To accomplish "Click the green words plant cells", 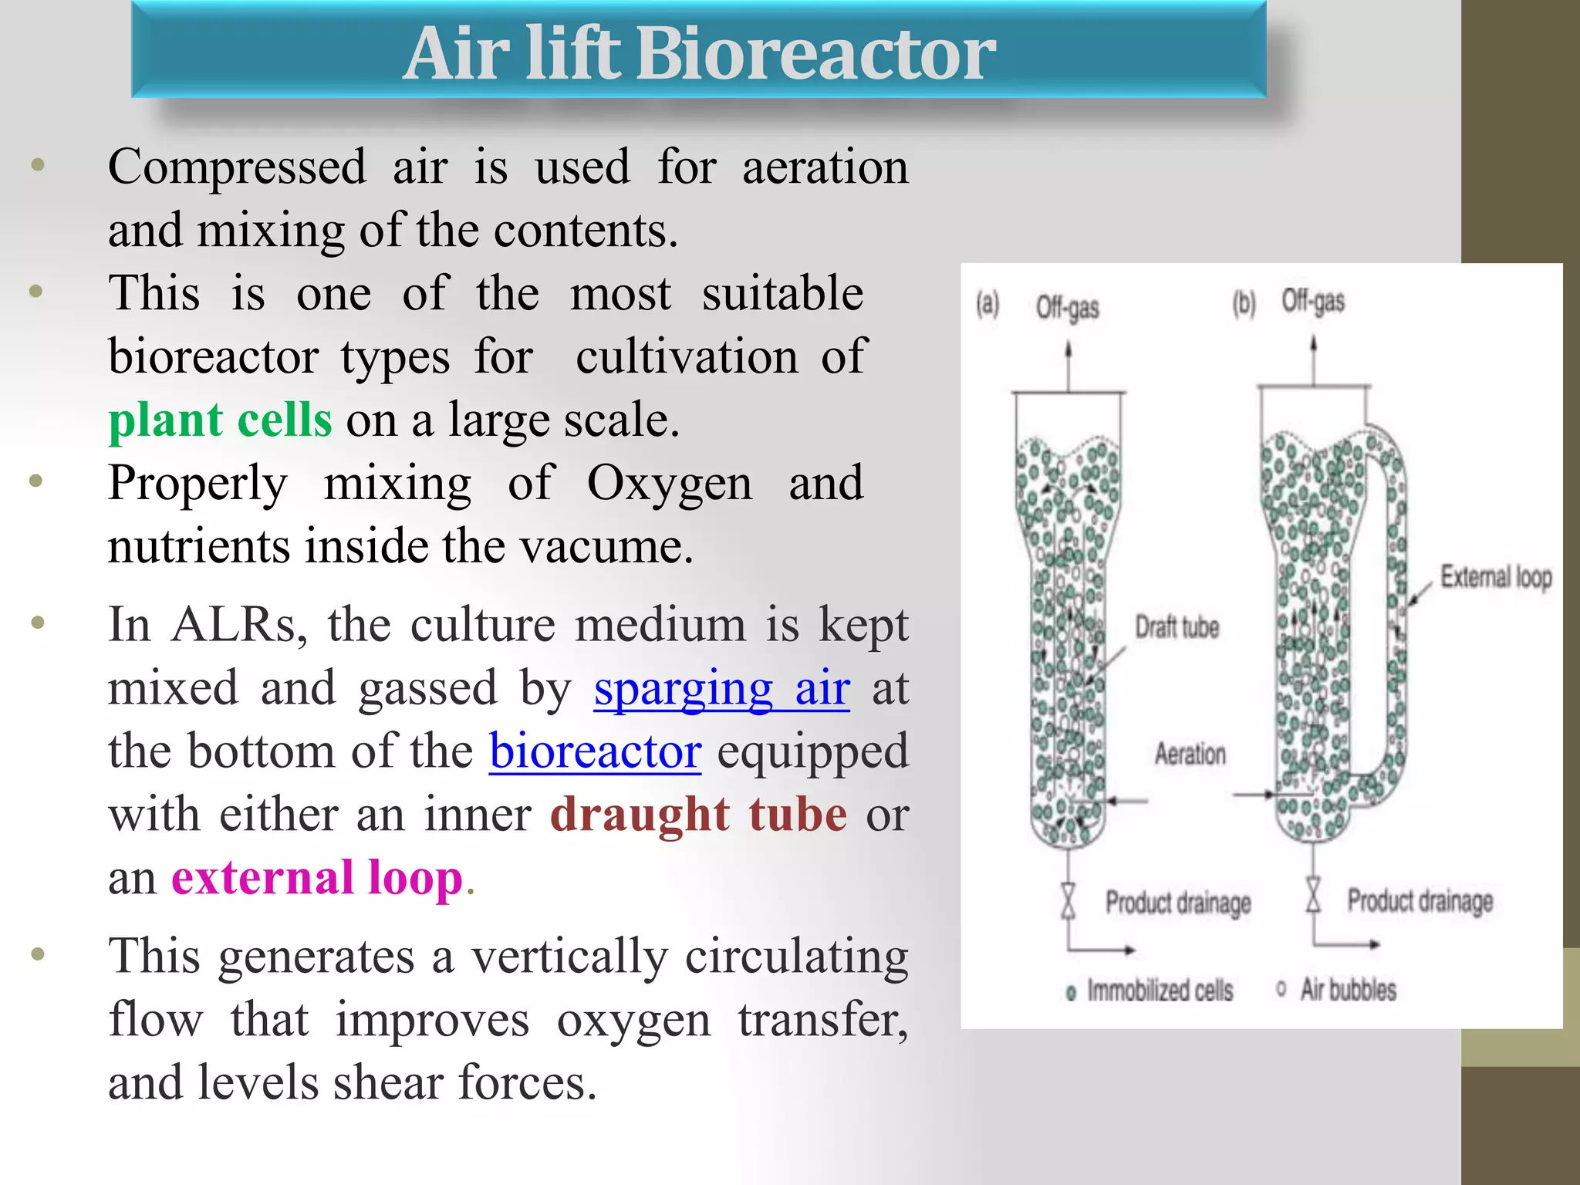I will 220,420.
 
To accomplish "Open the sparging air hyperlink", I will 721,688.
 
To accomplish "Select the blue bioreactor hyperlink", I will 595,751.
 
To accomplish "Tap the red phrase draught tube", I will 698,815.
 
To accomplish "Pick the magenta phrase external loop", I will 316,878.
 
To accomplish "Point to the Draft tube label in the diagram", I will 1177,627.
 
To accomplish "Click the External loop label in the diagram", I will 1495,577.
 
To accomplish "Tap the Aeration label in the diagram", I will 1190,754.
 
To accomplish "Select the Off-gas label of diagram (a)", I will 1067,308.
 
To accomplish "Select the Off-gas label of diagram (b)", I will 1312,302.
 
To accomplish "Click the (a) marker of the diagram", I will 987,304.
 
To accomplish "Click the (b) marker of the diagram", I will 1244,303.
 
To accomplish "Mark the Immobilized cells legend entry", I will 1159,991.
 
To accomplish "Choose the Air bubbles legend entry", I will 1347,990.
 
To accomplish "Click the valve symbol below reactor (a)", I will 1068,901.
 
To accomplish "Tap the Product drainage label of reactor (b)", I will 1420,900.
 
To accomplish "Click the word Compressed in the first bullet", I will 237,167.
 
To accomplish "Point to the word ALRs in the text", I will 239,625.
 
